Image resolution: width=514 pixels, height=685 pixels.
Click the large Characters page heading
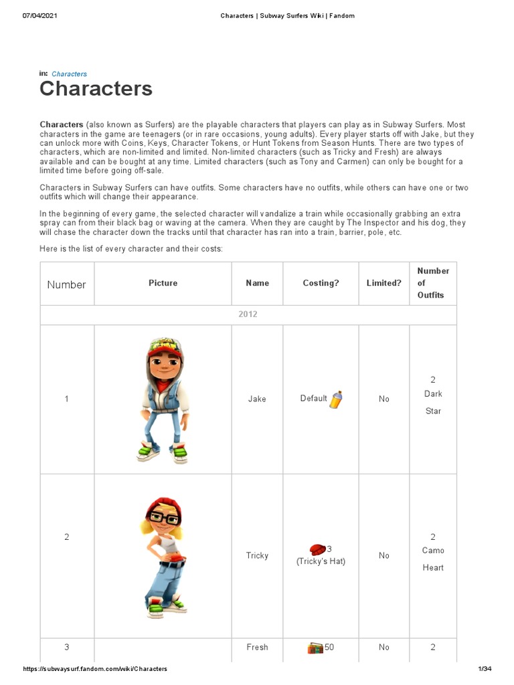96,89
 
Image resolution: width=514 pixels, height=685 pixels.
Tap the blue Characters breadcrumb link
69,74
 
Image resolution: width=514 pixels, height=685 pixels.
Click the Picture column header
163,283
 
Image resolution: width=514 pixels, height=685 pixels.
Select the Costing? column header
321,283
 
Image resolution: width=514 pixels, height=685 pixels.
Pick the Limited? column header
383,283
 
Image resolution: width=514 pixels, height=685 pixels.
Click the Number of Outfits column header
433,283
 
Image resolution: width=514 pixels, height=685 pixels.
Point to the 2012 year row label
248,314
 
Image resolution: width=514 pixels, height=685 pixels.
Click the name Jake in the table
257,399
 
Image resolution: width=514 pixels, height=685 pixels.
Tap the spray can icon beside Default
336,399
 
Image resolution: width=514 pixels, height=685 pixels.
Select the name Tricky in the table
257,555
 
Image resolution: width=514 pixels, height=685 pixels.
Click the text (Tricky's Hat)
321,561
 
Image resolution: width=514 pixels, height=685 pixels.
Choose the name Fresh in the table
257,647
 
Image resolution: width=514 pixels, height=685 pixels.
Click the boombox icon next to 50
315,648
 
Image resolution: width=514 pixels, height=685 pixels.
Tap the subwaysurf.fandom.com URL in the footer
95,669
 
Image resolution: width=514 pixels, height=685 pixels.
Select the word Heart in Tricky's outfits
433,567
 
